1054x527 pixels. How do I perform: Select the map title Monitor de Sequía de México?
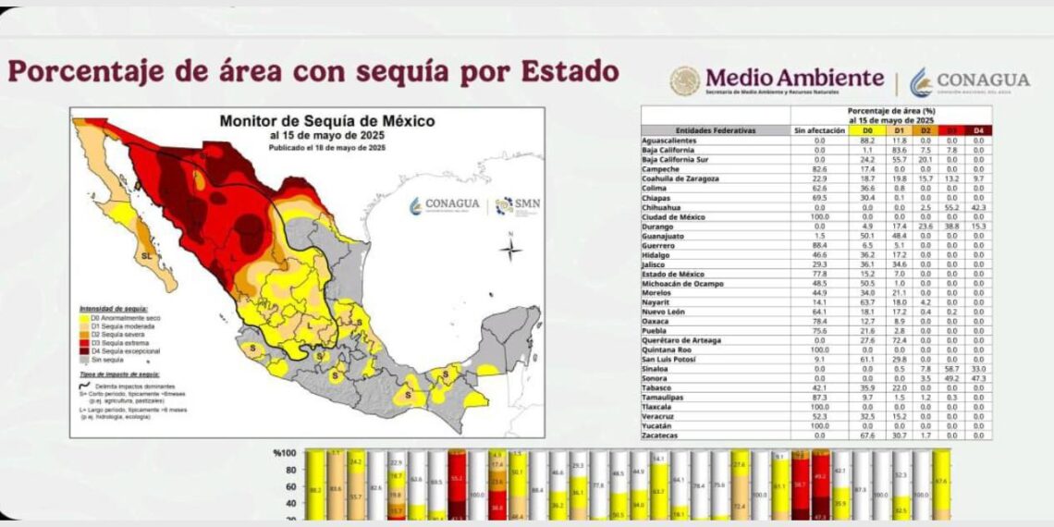coord(326,121)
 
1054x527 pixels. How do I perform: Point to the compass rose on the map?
coord(510,248)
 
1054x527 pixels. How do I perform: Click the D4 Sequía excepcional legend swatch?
coord(84,351)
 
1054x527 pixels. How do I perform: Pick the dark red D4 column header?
coord(978,131)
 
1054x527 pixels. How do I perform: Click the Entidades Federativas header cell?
coord(716,131)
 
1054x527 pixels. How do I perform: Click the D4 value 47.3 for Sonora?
coord(978,378)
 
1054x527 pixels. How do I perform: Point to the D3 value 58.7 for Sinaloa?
coord(952,367)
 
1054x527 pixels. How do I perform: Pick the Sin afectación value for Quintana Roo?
coord(818,349)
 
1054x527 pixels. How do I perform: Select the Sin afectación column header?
coord(818,131)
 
